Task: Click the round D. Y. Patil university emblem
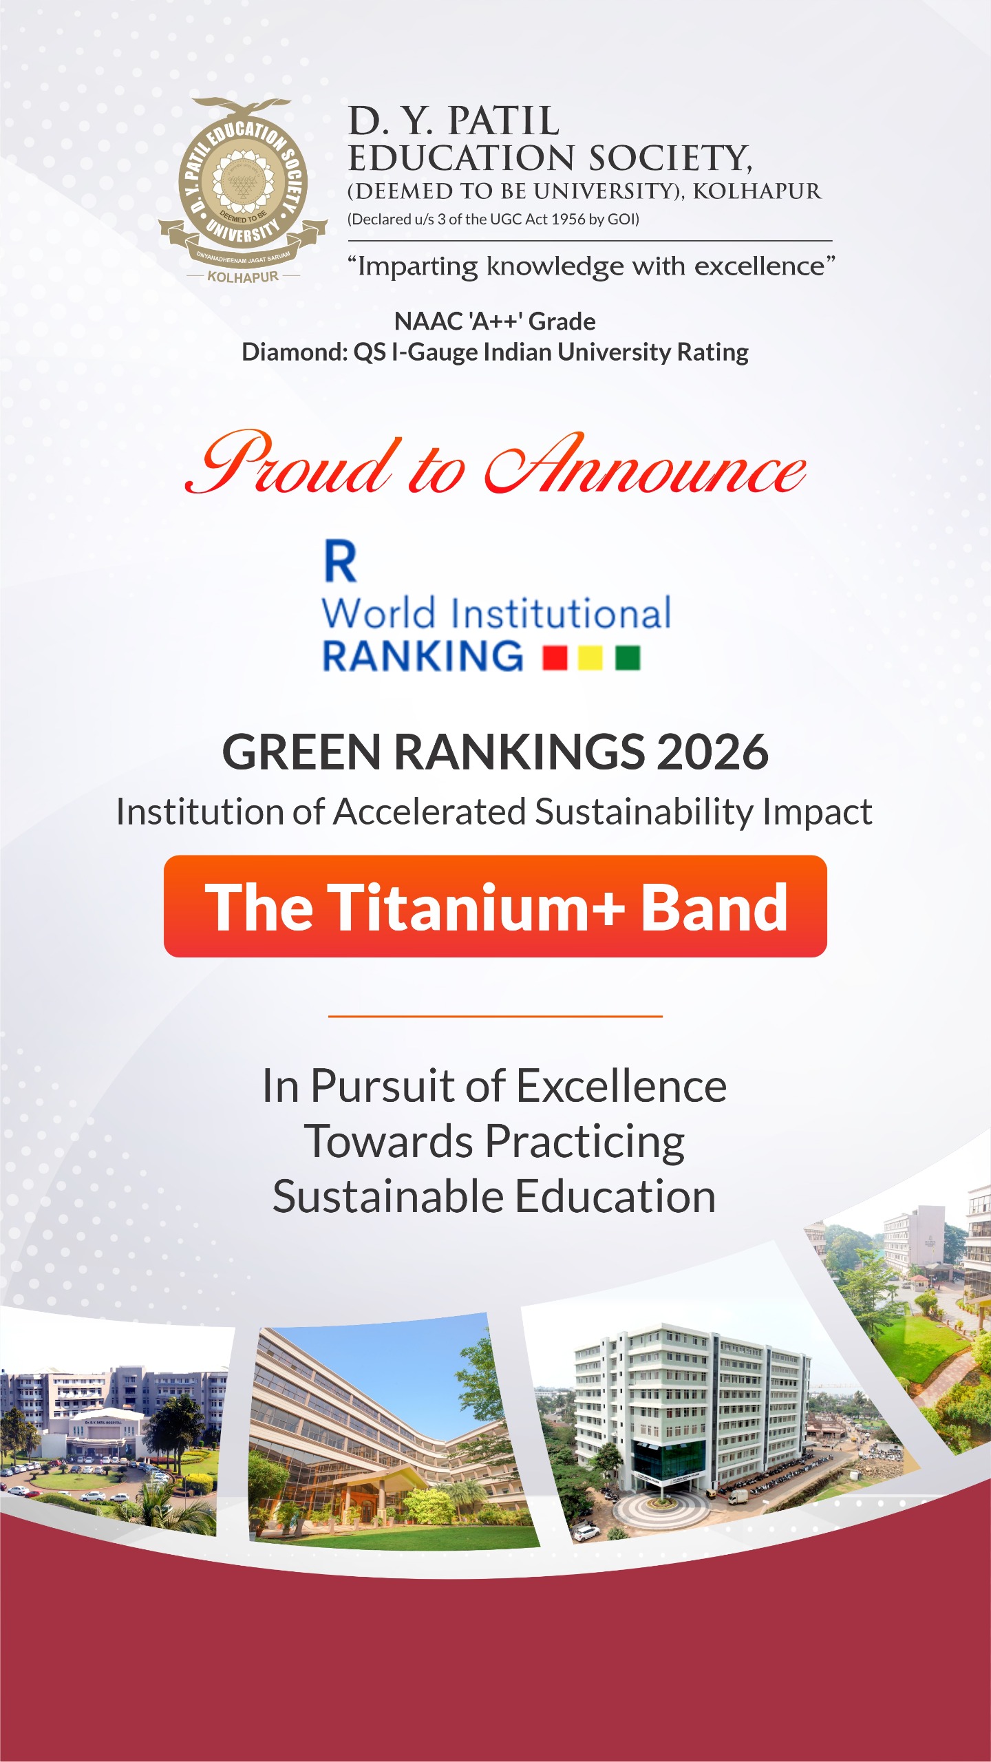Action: click(242, 182)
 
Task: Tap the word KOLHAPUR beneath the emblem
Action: click(243, 277)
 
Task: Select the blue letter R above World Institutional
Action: click(341, 562)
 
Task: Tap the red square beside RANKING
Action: click(555, 657)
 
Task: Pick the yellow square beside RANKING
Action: click(590, 657)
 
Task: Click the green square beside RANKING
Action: click(628, 657)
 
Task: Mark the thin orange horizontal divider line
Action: click(495, 1015)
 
